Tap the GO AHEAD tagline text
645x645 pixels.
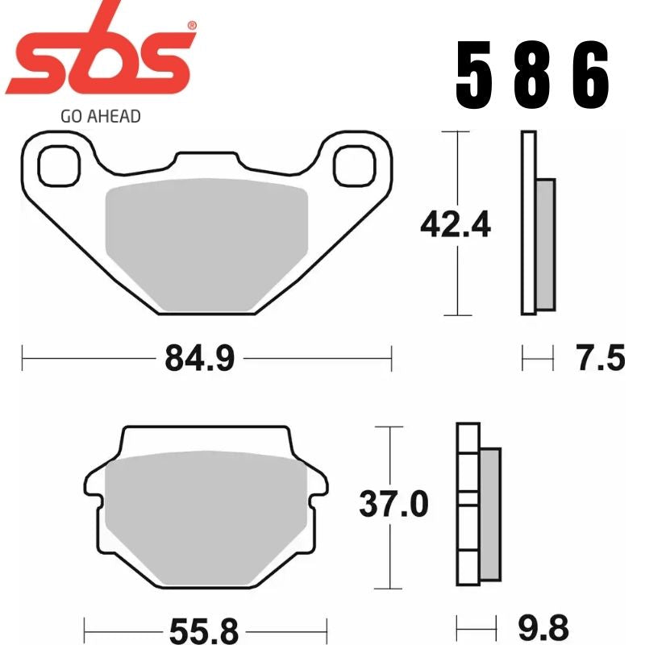click(x=101, y=116)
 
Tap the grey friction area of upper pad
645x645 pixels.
click(x=208, y=242)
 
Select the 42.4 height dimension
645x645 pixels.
click(x=456, y=225)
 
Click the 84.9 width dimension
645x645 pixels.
click(x=199, y=357)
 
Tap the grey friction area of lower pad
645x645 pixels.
click(x=206, y=516)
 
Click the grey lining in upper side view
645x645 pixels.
click(x=545, y=243)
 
